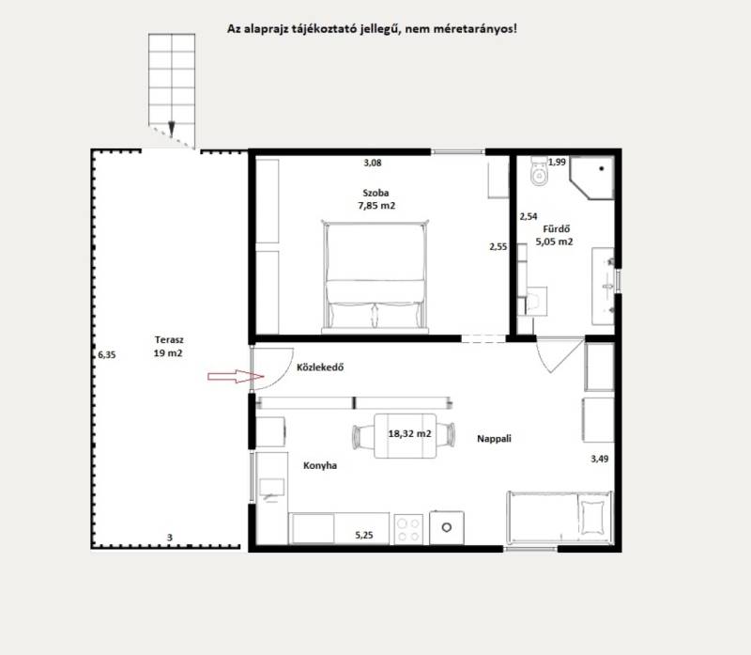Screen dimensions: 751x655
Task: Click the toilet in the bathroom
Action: point(539,171)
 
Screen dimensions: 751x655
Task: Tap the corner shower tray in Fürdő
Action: point(592,178)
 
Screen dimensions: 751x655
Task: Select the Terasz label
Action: point(169,339)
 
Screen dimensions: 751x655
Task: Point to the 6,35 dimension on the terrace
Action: point(107,355)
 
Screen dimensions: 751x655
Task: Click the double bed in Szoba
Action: point(375,276)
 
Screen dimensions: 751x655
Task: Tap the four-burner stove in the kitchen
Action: point(408,529)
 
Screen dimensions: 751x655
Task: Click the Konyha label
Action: point(320,465)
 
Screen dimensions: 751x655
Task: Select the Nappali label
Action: point(495,438)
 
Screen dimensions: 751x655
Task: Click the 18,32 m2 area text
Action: point(409,433)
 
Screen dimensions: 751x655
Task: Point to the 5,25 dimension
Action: point(364,535)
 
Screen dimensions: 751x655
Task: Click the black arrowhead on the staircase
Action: point(172,129)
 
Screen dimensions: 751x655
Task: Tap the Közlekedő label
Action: point(320,367)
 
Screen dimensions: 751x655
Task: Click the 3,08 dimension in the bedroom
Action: point(373,163)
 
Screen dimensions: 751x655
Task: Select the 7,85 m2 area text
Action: point(376,206)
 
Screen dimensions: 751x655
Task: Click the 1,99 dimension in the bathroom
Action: point(557,162)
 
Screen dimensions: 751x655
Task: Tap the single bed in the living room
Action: point(559,518)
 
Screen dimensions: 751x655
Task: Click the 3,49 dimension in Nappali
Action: point(600,459)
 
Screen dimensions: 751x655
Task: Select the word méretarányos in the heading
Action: point(474,29)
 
